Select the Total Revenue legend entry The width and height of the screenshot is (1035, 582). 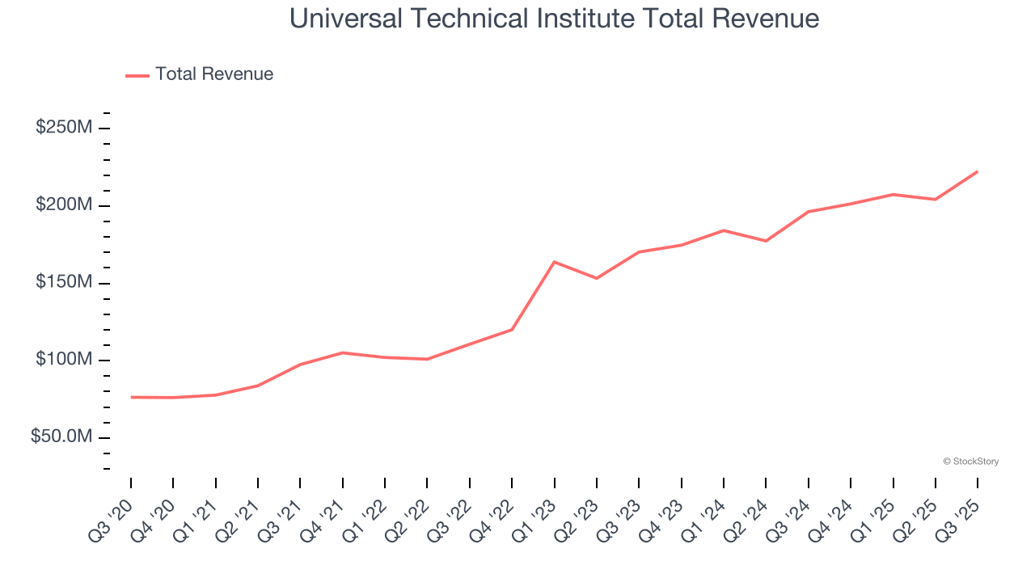[200, 74]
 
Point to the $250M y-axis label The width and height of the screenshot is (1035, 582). [64, 128]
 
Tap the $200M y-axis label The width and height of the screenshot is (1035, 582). [64, 205]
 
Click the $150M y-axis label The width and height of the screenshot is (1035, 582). [64, 282]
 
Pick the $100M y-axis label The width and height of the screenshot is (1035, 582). [64, 360]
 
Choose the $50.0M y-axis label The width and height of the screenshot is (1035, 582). [61, 436]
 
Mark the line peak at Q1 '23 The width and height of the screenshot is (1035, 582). [554, 262]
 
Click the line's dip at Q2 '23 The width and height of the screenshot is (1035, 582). [597, 278]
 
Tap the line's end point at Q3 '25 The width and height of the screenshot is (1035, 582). [978, 171]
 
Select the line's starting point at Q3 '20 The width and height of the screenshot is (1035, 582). [131, 397]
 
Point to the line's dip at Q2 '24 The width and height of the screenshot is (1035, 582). [766, 241]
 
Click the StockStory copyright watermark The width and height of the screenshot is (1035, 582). [970, 462]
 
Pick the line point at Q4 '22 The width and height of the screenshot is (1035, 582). [512, 329]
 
